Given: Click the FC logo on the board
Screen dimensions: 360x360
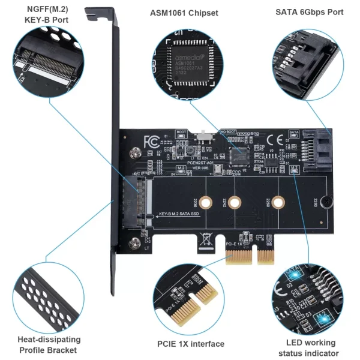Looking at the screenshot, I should pyautogui.click(x=151, y=142).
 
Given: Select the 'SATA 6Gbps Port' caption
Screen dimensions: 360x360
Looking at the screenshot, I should pyautogui.click(x=309, y=12).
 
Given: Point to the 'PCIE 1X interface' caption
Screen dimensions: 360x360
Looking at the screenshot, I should pyautogui.click(x=191, y=344).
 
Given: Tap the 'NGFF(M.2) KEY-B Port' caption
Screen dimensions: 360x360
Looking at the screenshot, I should pyautogui.click(x=47, y=15).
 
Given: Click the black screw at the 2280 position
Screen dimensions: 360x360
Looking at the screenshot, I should pyautogui.click(x=324, y=203).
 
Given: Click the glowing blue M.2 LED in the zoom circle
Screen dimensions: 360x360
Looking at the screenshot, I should pyautogui.click(x=322, y=314).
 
